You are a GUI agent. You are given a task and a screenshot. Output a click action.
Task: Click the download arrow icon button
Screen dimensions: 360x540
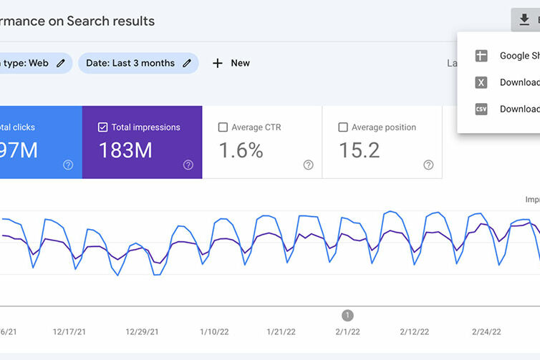[524, 20]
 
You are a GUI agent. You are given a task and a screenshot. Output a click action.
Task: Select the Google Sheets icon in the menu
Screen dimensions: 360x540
[481, 56]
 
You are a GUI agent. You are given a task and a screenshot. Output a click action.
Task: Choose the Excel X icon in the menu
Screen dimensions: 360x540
[481, 82]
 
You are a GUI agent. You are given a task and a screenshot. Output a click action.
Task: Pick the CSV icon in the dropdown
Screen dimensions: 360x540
[481, 110]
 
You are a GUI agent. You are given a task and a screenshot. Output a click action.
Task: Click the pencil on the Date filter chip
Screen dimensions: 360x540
[187, 63]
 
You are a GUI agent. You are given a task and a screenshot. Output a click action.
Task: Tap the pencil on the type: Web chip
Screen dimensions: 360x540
[61, 63]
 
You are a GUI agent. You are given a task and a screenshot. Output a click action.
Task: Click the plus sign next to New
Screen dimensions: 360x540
[218, 63]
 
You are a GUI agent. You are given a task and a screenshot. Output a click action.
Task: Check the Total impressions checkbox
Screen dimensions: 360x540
[102, 127]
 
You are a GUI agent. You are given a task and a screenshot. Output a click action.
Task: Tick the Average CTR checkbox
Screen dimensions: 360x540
[223, 127]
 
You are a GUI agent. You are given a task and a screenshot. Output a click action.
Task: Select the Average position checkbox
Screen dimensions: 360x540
[343, 127]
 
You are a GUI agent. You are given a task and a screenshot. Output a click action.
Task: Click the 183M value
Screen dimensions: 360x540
[125, 150]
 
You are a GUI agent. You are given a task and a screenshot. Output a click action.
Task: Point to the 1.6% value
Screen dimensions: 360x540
[241, 150]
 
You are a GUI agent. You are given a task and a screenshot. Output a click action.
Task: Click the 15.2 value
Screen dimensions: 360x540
[359, 150]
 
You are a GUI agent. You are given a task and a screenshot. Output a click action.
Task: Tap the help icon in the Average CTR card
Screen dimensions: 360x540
[308, 165]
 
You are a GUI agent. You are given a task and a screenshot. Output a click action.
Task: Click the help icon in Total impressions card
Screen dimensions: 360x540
[188, 165]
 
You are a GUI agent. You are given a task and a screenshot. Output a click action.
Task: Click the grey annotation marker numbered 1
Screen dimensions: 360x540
[347, 315]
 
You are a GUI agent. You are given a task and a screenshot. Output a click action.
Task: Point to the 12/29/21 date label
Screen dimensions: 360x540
[141, 332]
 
